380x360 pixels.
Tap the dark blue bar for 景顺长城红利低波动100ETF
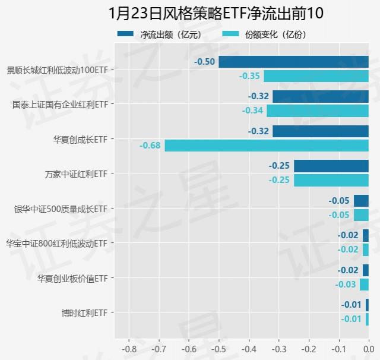tap(293, 62)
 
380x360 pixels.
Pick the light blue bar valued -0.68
tap(267, 146)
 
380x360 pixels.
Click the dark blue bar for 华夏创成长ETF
tap(321, 131)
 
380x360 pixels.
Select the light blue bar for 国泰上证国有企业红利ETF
tap(318, 110)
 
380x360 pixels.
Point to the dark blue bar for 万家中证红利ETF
tap(331, 166)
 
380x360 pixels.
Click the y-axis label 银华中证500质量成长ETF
tap(61, 209)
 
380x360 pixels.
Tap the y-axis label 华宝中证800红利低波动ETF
tap(56, 244)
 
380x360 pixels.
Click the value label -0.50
tap(205, 62)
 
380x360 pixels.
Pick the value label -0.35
tap(249, 76)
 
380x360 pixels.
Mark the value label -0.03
tap(346, 285)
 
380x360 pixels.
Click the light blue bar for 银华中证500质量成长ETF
tap(361, 215)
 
